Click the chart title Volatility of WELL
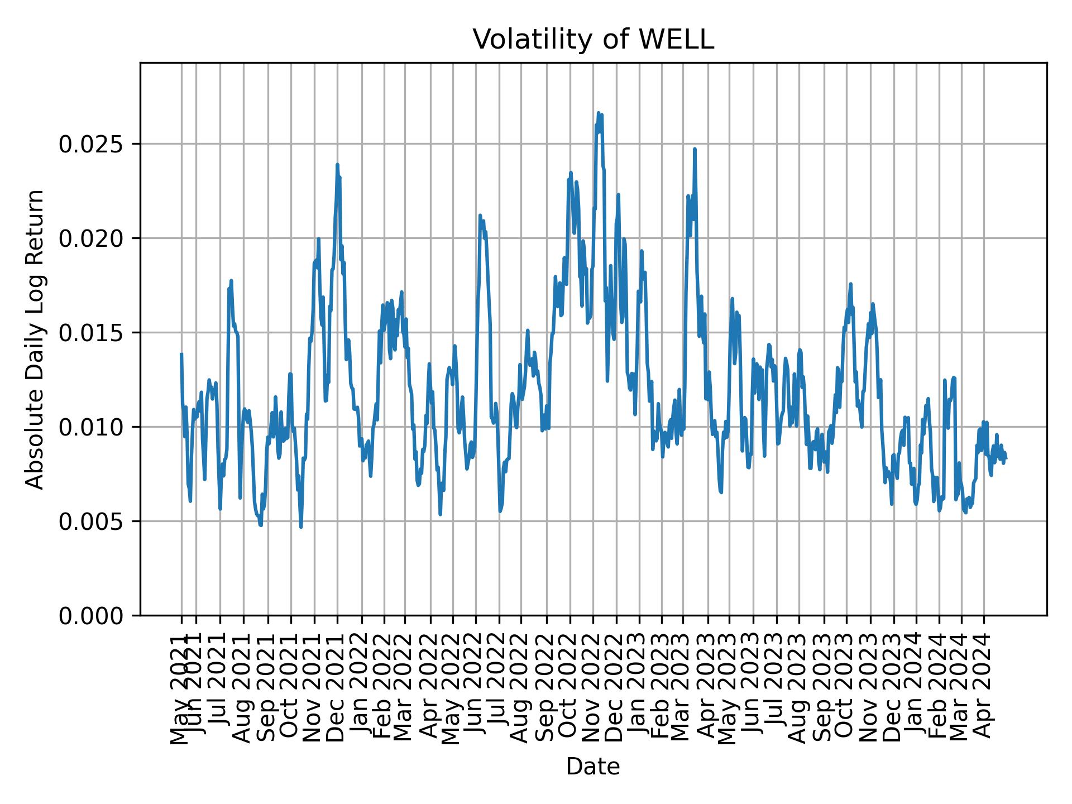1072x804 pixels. point(593,40)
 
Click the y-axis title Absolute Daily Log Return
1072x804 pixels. point(36,339)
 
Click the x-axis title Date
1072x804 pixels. point(593,767)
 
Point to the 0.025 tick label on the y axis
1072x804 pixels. point(92,145)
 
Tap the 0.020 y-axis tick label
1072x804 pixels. point(92,239)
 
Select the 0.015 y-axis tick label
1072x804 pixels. point(92,333)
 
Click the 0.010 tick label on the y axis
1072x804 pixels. point(92,428)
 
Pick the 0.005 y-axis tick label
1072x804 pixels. point(92,522)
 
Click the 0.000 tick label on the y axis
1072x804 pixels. point(92,616)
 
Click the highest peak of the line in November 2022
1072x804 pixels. point(599,113)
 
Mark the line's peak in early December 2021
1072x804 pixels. point(337,165)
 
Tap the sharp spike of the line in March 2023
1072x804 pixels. point(695,149)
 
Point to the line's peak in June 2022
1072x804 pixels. point(480,215)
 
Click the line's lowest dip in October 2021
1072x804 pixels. point(301,527)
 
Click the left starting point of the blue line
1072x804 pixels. point(181,354)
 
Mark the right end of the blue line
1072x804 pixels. point(1006,459)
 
